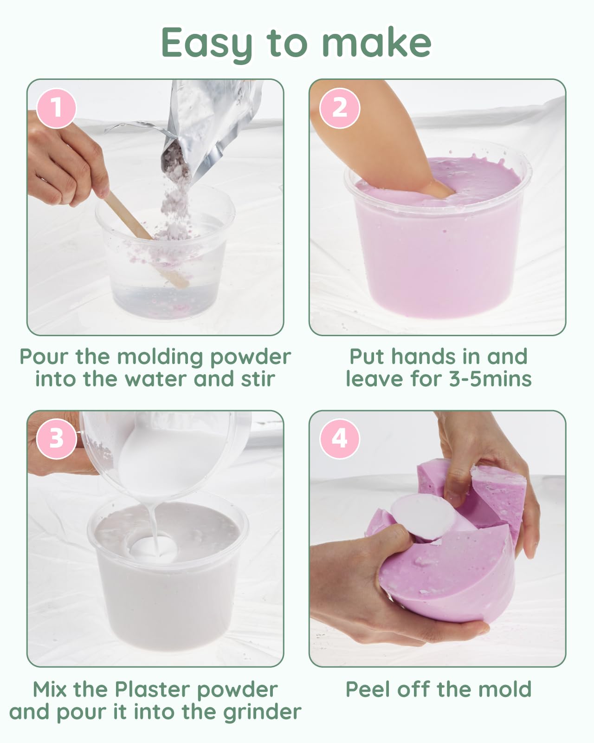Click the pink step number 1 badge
click(56, 108)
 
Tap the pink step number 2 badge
click(340, 108)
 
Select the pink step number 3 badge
click(56, 439)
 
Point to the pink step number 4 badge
click(340, 439)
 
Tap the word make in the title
click(376, 42)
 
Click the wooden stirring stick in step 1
click(147, 240)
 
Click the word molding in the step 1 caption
click(160, 358)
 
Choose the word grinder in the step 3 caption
click(262, 712)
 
